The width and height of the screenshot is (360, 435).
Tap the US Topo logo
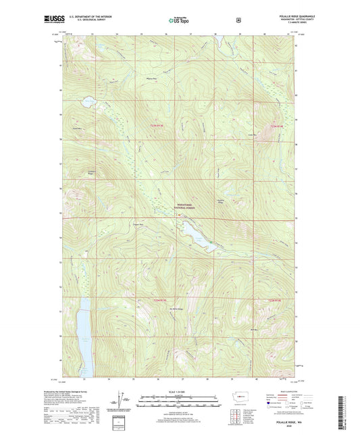point(176,21)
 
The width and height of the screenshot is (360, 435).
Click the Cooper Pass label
point(138,224)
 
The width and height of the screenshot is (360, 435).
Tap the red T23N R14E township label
point(278,126)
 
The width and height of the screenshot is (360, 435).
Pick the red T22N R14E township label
point(278,300)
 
